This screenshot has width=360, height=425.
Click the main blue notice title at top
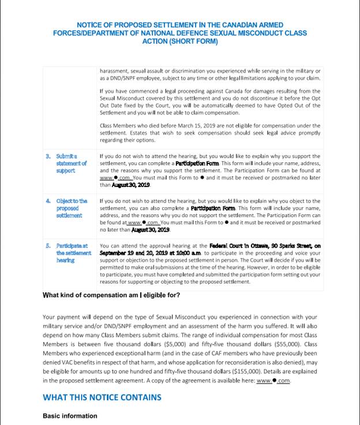(179, 33)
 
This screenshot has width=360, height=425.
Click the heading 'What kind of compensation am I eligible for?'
(111, 296)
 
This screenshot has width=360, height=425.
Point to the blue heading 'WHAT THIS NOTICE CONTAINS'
(102, 397)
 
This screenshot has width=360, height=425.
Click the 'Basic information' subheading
(70, 416)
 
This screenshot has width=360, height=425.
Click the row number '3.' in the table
(48, 156)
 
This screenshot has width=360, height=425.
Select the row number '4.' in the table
(48, 201)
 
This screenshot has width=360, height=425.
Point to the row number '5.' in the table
(48, 245)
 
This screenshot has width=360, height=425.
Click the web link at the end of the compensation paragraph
(273, 381)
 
